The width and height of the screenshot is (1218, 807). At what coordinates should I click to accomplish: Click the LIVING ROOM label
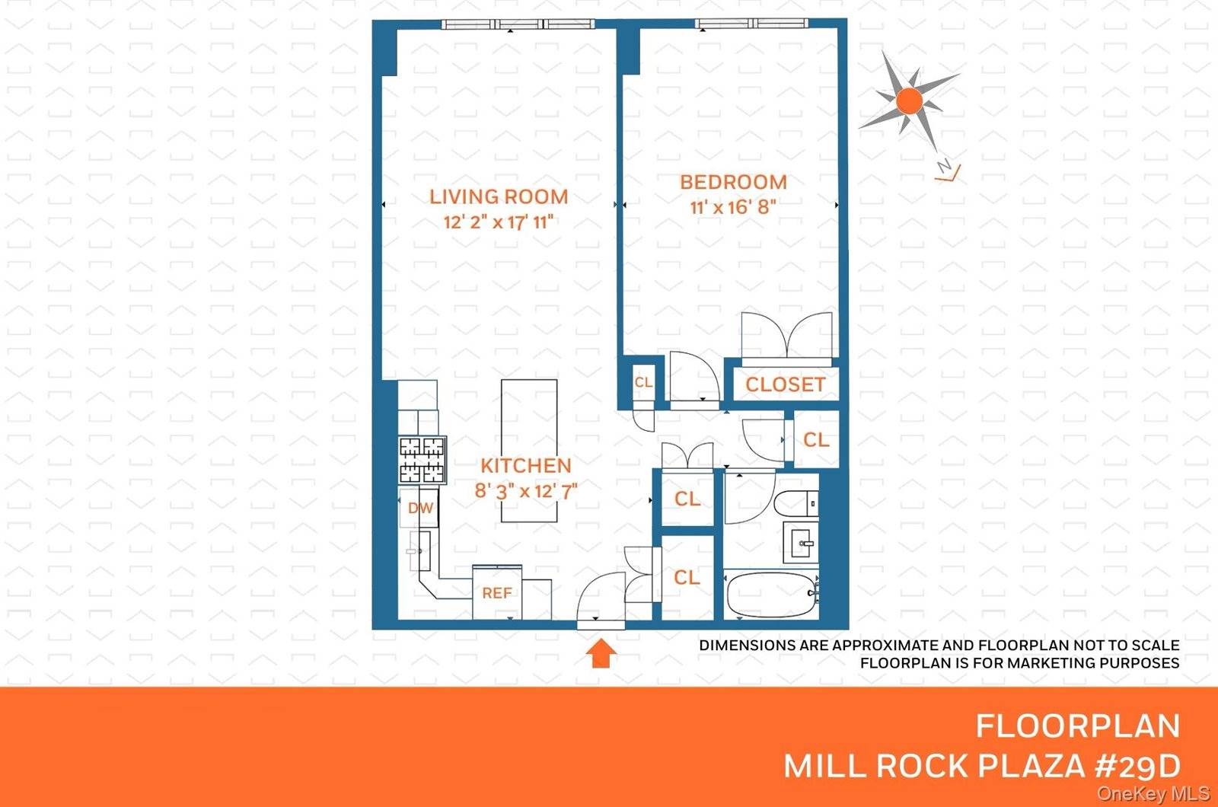(x=499, y=196)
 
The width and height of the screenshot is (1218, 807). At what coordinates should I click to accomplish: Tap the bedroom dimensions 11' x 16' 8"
(x=733, y=206)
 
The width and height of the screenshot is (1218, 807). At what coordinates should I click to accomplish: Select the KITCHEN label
(x=525, y=465)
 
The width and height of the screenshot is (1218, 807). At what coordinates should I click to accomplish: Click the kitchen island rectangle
(x=529, y=426)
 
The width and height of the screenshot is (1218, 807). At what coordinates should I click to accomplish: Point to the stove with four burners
(x=422, y=460)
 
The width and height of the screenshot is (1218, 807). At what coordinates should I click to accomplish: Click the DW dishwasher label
(x=420, y=508)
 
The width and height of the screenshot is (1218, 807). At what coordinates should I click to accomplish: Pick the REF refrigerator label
(x=496, y=592)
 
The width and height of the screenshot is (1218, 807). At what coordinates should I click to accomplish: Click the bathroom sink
(x=804, y=544)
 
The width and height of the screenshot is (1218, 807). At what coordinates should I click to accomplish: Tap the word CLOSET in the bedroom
(x=785, y=384)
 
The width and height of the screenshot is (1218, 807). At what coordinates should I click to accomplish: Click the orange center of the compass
(x=909, y=100)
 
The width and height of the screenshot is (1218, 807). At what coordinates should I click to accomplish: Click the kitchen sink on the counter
(x=419, y=549)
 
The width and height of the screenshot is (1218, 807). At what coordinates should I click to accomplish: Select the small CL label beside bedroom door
(x=643, y=382)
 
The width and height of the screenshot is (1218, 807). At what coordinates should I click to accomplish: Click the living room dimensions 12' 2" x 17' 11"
(x=499, y=222)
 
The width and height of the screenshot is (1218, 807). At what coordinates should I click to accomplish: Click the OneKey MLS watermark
(x=1153, y=794)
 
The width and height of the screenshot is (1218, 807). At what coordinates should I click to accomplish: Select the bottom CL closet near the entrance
(x=687, y=578)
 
